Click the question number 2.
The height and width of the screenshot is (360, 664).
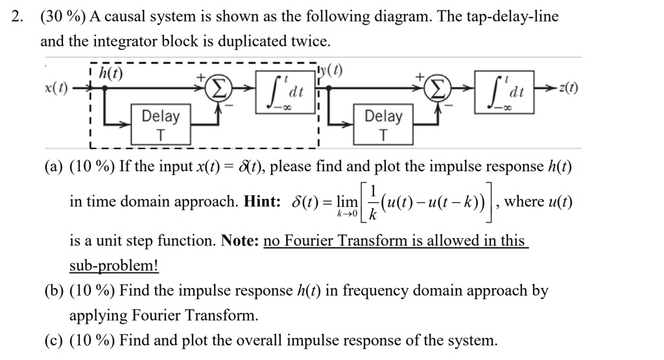pos(18,17)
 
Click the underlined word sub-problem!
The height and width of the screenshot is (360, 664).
pos(113,266)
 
